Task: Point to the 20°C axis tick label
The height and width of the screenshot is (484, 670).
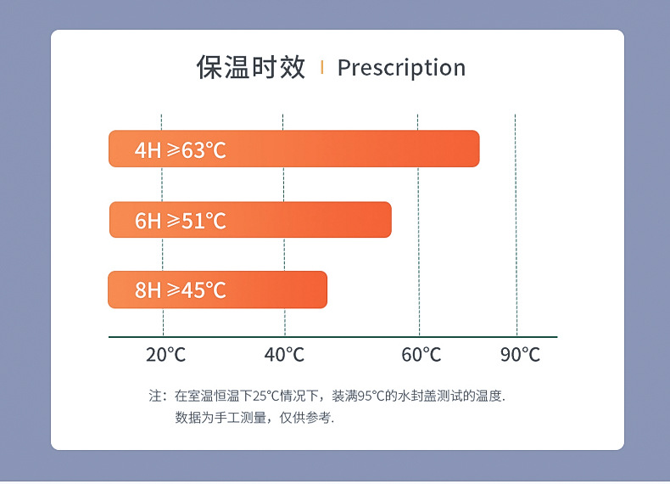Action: pos(165,355)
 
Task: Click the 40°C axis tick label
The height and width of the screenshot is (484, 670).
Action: pos(284,355)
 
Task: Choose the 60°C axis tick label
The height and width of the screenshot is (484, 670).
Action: pos(422,355)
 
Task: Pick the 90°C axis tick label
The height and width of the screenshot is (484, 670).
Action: pos(520,355)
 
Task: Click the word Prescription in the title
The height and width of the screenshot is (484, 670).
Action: pos(401,68)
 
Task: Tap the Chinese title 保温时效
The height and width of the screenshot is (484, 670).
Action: pos(250,67)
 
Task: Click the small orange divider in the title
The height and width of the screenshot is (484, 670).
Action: pos(321,67)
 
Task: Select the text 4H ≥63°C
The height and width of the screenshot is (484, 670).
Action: pos(180,150)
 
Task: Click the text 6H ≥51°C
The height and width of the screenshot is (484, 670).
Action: pos(180,221)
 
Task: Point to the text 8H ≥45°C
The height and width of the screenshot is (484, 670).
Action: pos(180,290)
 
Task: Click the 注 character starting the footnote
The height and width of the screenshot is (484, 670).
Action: pos(155,396)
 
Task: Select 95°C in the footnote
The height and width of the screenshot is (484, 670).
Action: pos(371,396)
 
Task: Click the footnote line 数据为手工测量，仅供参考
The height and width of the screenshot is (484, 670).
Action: pos(254,418)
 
